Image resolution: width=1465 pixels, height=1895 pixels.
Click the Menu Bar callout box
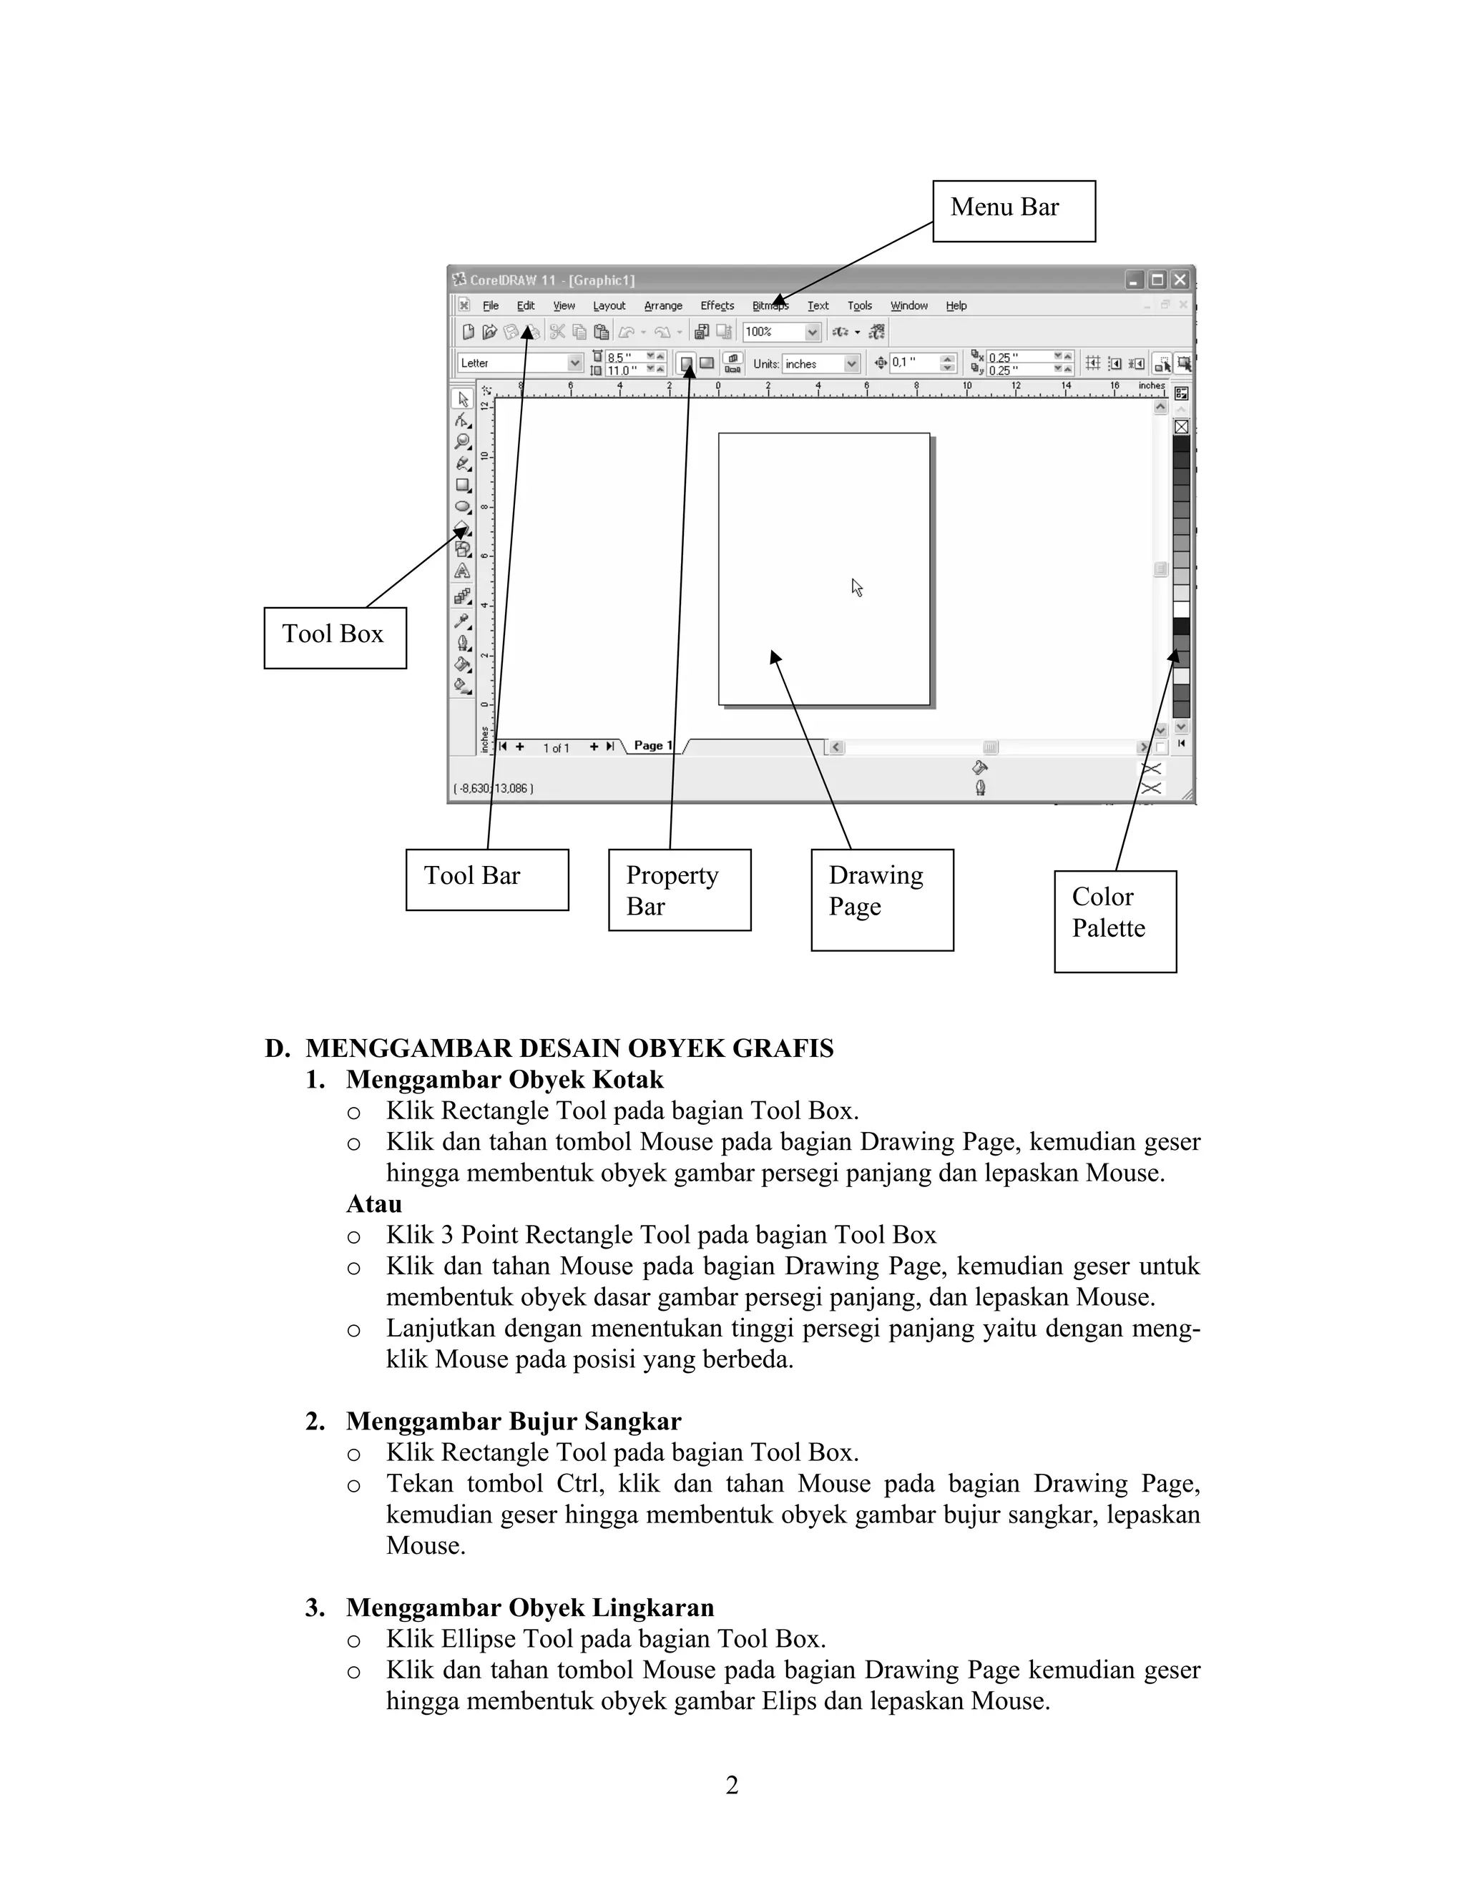coord(1013,211)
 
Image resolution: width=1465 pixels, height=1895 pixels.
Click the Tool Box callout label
coord(334,637)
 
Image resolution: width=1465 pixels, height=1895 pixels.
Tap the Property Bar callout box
coord(679,890)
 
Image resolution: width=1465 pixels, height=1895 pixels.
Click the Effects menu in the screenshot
coord(717,305)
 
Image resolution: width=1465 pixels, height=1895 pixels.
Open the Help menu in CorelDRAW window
coord(956,305)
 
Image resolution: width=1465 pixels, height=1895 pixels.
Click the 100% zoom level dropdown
coord(781,332)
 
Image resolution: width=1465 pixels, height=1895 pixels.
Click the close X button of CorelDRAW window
coord(1179,280)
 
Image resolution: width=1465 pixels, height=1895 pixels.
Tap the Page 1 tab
coord(652,745)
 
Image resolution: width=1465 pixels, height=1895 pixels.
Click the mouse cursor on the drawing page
coord(856,587)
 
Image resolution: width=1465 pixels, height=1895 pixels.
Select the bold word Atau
coord(374,1204)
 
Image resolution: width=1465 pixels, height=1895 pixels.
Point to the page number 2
coord(732,1785)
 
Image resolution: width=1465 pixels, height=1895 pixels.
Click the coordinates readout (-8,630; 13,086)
coord(493,788)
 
